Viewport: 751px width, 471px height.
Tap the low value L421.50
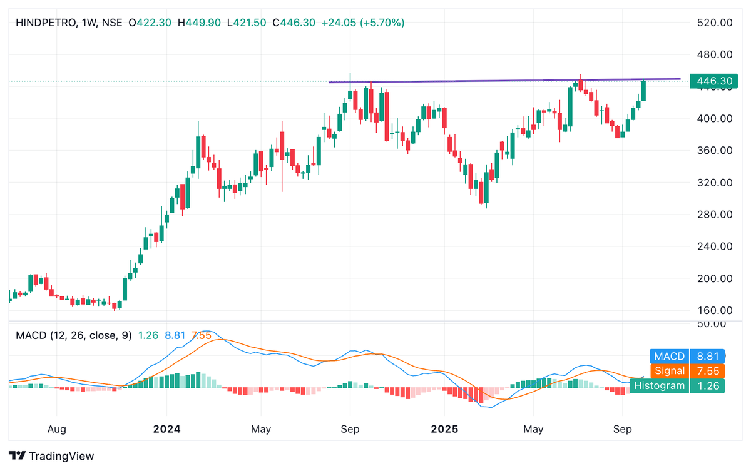coord(248,23)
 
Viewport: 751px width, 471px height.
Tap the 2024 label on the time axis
coord(167,430)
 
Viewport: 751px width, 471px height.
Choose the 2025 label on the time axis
coord(444,430)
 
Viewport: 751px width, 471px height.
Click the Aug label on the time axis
coord(57,430)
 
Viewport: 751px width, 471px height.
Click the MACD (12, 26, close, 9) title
coord(74,335)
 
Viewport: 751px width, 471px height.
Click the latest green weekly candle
coord(644,91)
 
